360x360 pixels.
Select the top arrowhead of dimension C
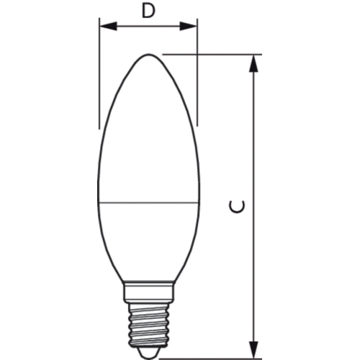point(253,63)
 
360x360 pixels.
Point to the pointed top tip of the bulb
point(148,55)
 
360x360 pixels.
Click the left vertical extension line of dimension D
point(99,79)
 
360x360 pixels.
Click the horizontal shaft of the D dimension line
point(148,27)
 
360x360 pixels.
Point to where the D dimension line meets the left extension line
point(99,27)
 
